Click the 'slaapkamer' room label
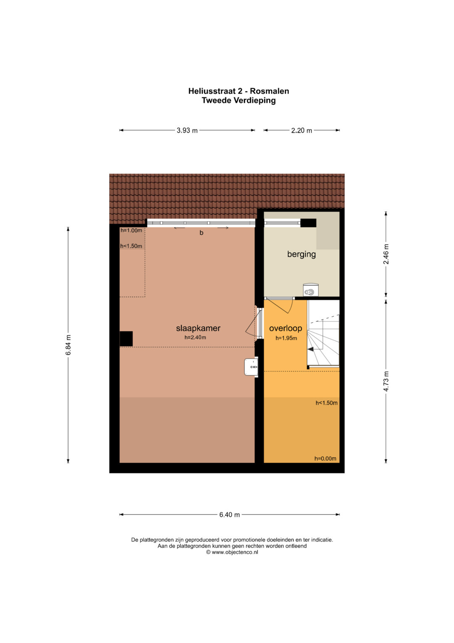[198, 328]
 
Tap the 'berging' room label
[301, 254]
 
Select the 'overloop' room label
[285, 328]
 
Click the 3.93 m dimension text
[187, 130]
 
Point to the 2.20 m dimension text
[301, 131]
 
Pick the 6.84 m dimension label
[68, 345]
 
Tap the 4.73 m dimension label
[386, 381]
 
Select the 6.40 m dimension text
[230, 515]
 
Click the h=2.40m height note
[195, 338]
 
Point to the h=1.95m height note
[286, 338]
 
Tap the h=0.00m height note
[325, 459]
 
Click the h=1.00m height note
[131, 230]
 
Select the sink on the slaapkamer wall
[251, 367]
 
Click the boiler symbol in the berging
[311, 290]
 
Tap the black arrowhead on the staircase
[310, 349]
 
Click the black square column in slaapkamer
[126, 339]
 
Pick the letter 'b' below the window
[201, 233]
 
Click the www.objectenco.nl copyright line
[232, 552]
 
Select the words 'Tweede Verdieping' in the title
[239, 101]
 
